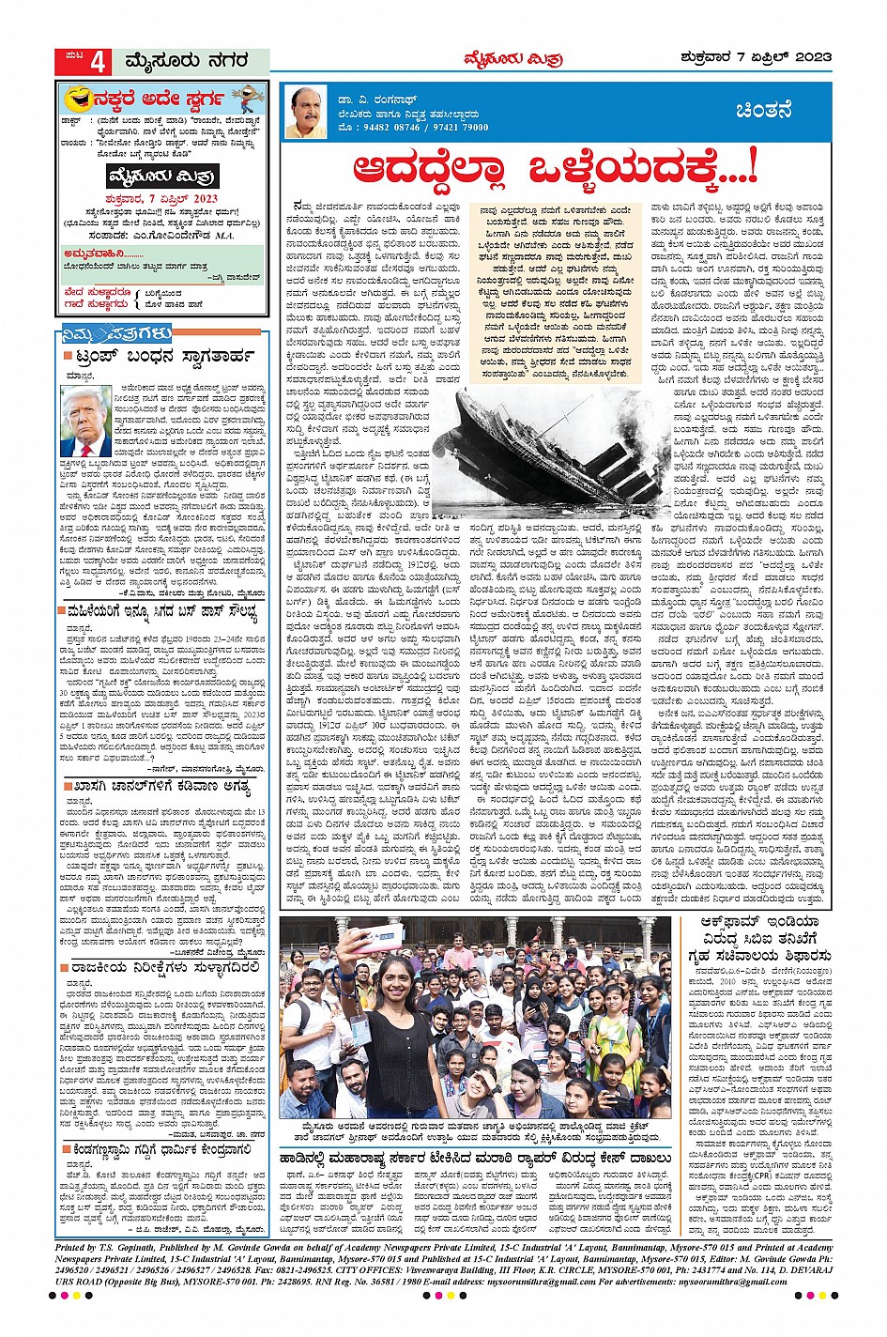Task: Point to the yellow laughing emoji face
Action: coord(78,99)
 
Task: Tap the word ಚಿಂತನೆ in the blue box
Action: coord(769,112)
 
